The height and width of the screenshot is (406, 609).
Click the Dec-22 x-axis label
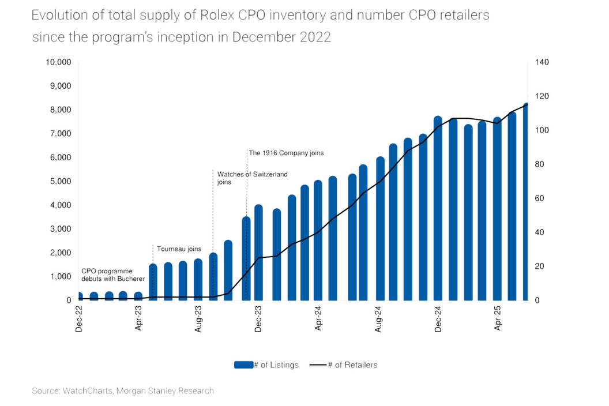[x=79, y=318]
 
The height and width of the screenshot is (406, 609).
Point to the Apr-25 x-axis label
[x=498, y=318]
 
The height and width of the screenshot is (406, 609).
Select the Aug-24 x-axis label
[x=378, y=318]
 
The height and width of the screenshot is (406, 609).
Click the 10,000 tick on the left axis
[x=58, y=62]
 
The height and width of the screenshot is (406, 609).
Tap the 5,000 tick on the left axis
[x=60, y=181]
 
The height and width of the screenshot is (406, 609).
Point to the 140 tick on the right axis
[x=543, y=62]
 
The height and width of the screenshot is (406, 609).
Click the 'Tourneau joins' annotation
[x=179, y=249]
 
